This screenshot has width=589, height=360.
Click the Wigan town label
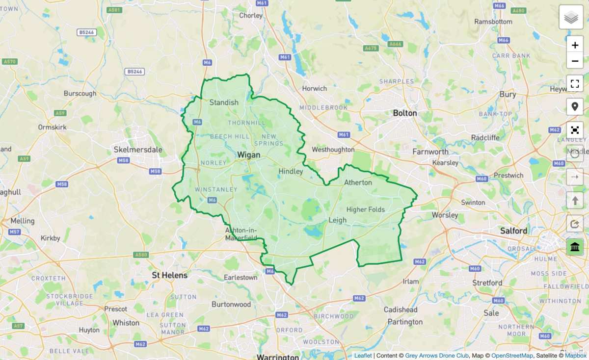[248, 155]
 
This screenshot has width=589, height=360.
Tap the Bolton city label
[405, 113]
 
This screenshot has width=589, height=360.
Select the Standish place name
[224, 103]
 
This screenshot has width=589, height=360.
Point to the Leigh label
[337, 220]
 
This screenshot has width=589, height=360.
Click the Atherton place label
[358, 182]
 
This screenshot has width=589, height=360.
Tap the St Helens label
[170, 275]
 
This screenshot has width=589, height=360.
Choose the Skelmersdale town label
[138, 149]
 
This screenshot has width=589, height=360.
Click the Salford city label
[514, 231]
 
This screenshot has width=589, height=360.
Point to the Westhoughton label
[333, 149]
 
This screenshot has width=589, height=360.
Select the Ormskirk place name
[52, 127]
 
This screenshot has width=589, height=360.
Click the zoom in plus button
[575, 45]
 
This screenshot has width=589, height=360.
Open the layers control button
[571, 18]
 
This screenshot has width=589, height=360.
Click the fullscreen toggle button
[575, 83]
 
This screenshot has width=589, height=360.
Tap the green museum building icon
[575, 247]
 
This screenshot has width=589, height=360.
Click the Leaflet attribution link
[363, 356]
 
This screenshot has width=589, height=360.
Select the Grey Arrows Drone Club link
[437, 356]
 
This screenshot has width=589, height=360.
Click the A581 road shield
[114, 10]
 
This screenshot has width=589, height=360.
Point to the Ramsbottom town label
[493, 22]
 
